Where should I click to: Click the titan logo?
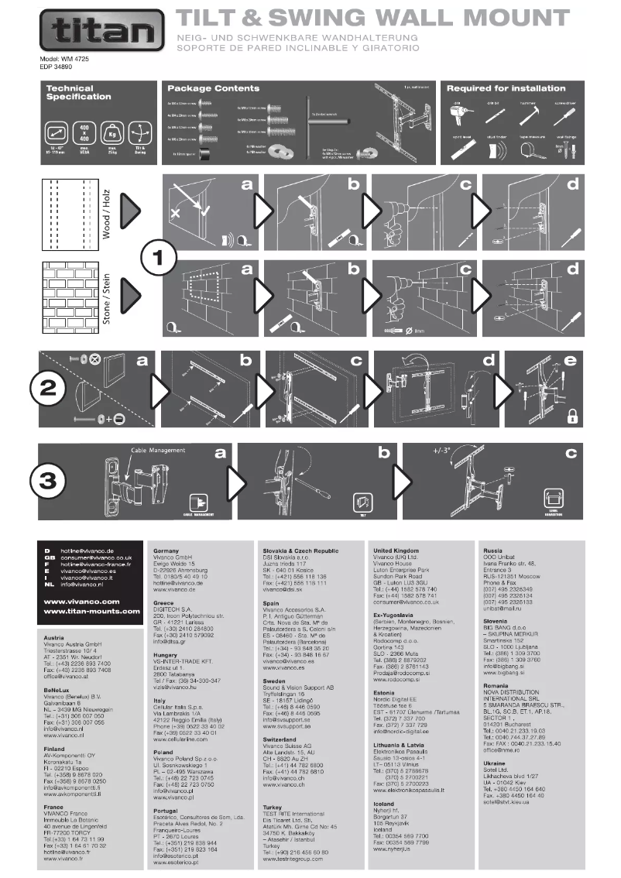pos(101,31)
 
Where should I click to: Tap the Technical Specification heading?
pos(78,93)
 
